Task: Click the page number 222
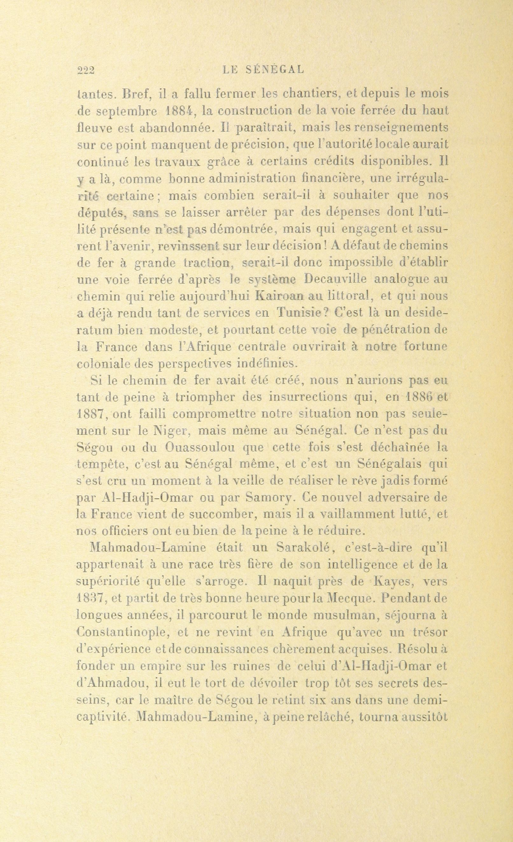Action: tap(86, 70)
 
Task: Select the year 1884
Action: tap(181, 111)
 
